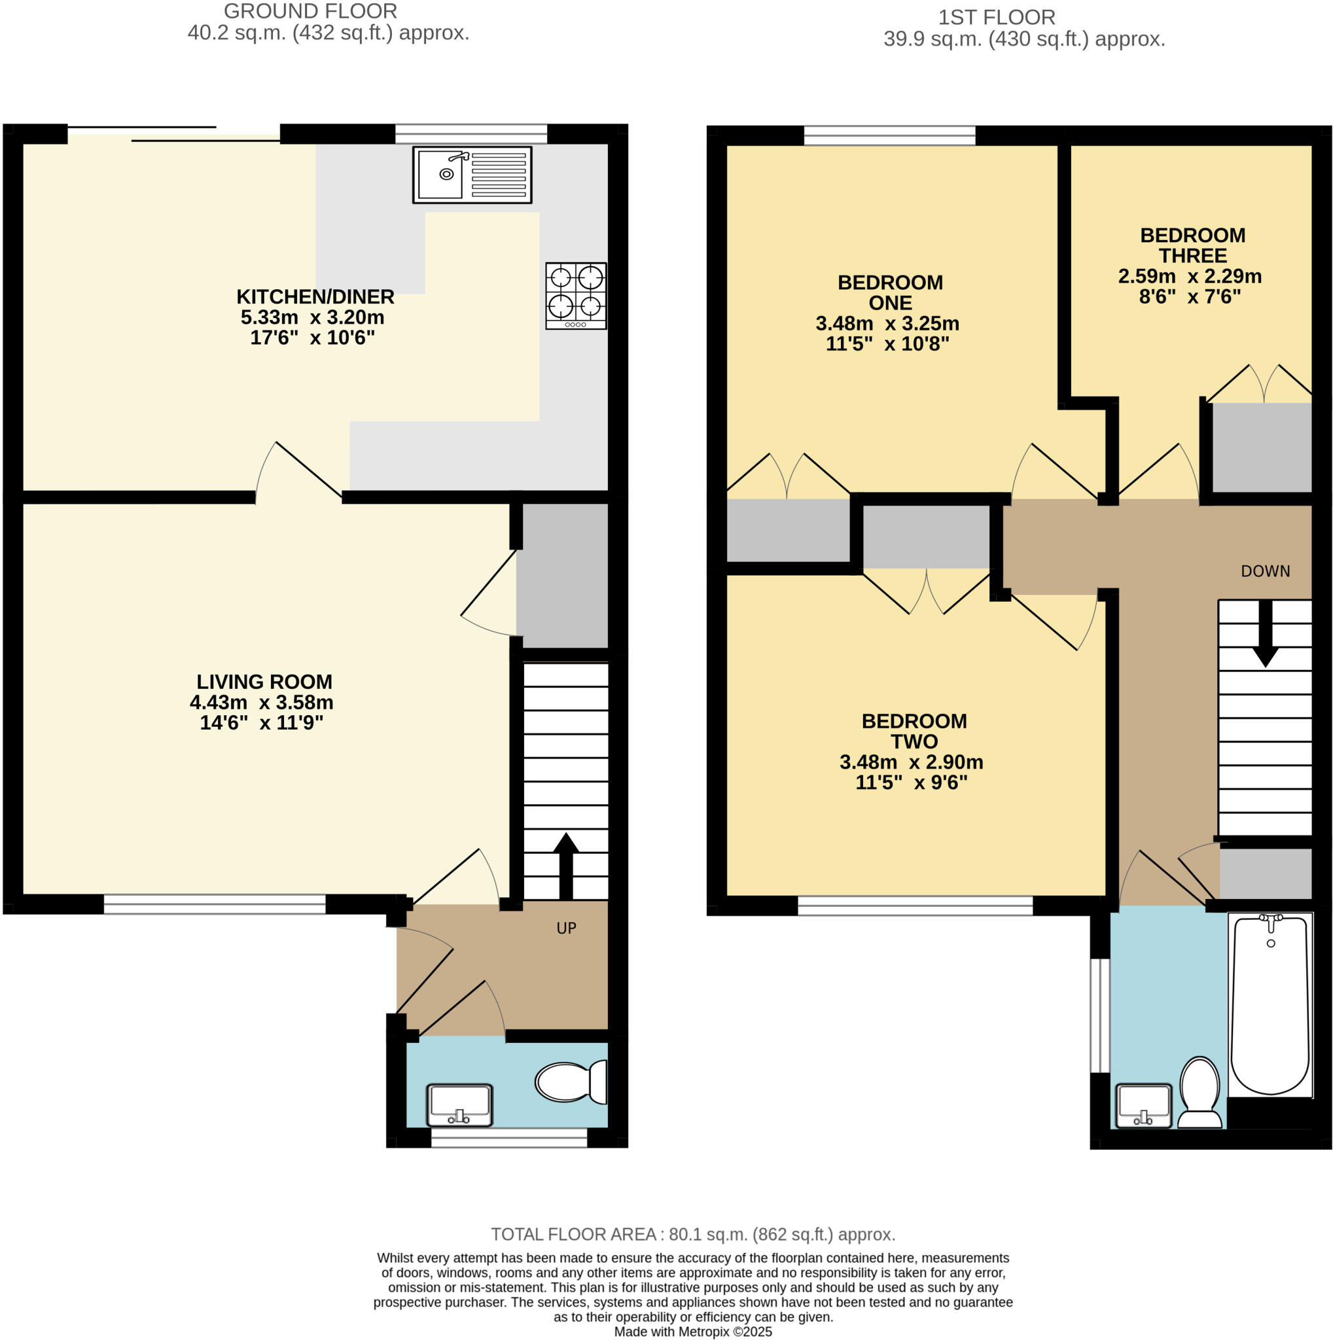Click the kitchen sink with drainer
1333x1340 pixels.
tap(472, 175)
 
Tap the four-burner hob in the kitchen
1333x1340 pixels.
tap(576, 296)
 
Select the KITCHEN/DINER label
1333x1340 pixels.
tap(315, 297)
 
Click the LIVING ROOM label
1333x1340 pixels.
tap(264, 682)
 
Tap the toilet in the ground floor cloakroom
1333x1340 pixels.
tap(570, 1082)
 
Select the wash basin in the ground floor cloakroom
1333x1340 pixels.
tap(459, 1105)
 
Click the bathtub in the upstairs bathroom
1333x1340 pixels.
tap(1270, 1005)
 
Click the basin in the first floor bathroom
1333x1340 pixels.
tap(1144, 1106)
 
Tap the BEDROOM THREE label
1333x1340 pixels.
tap(1192, 245)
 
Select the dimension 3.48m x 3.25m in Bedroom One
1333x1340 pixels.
tap(887, 323)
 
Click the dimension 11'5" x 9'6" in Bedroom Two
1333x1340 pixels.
tap(911, 783)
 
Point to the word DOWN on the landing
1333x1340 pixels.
tap(1265, 571)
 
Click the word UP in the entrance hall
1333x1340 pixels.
tap(566, 928)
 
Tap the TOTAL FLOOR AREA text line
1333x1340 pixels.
tap(693, 1235)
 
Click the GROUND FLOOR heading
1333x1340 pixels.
tap(310, 12)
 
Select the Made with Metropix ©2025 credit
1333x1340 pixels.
tap(692, 1331)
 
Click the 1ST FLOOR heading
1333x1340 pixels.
tap(996, 18)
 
